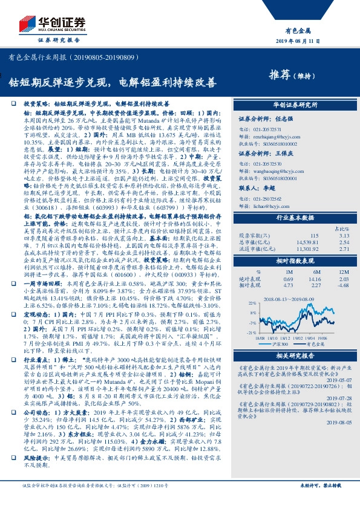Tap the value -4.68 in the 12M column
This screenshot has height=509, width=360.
pos(343,285)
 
